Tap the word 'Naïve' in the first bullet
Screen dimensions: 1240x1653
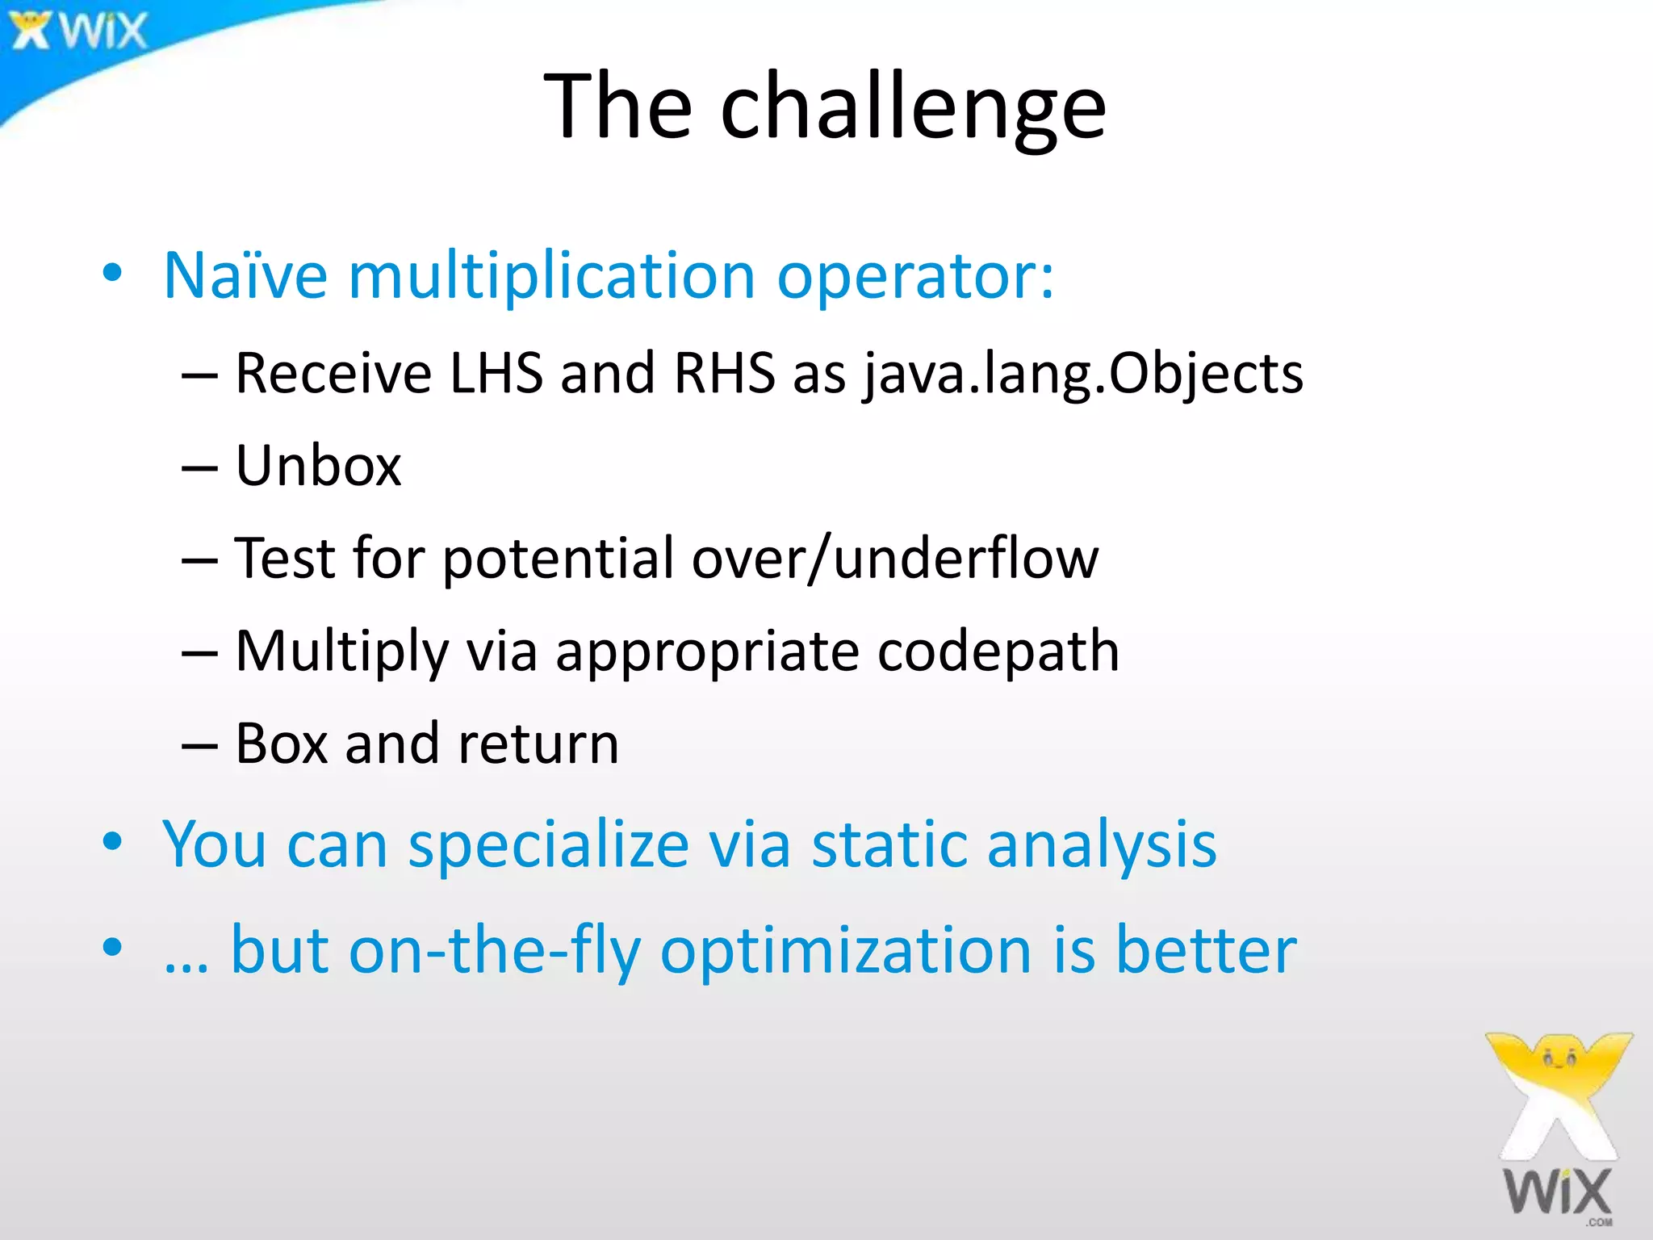[x=245, y=276]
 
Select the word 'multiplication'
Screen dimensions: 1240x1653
[x=551, y=276]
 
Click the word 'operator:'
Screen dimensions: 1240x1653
[x=914, y=276]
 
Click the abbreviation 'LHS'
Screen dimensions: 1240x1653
[x=496, y=373]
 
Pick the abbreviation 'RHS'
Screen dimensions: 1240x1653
[x=724, y=373]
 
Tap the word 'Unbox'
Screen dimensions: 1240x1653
[x=318, y=466]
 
